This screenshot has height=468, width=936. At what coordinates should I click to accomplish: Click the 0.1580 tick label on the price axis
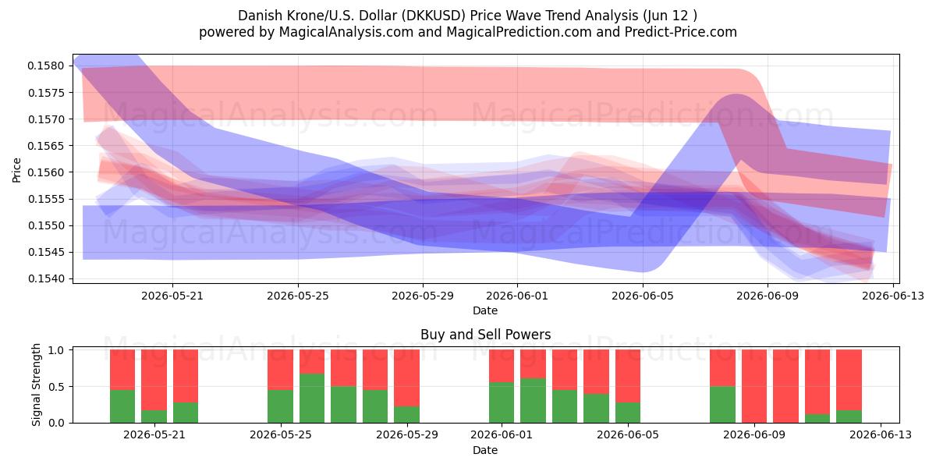point(46,66)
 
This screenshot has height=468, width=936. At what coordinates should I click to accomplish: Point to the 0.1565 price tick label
point(46,146)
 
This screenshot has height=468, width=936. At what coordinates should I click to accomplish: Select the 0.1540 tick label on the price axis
point(46,278)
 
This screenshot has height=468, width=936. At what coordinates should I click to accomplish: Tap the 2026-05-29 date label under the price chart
point(423,296)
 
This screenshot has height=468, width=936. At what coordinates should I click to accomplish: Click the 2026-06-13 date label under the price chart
point(893,296)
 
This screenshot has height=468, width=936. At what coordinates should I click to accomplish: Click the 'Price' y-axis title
point(16,170)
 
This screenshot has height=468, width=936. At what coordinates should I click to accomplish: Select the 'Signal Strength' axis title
point(37,385)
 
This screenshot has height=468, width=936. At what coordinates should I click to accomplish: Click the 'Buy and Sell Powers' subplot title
point(485,335)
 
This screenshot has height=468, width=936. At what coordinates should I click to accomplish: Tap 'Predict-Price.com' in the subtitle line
point(681,32)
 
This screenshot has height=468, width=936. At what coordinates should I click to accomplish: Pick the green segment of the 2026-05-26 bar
point(312,398)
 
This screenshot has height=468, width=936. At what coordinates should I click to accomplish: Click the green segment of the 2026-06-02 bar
point(533,400)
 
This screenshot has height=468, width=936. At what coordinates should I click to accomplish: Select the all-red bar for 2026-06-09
point(753,386)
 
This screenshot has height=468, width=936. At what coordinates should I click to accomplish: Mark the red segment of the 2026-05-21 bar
point(154,380)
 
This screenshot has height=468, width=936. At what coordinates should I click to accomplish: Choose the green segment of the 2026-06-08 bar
point(722,405)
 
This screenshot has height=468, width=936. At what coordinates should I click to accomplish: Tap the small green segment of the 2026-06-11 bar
point(817,418)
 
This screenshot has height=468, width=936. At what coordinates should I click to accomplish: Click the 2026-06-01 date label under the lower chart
point(502,435)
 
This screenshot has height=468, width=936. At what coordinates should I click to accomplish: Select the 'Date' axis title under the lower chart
point(485,450)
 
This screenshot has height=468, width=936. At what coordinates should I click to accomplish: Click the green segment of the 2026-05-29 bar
point(406,414)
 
